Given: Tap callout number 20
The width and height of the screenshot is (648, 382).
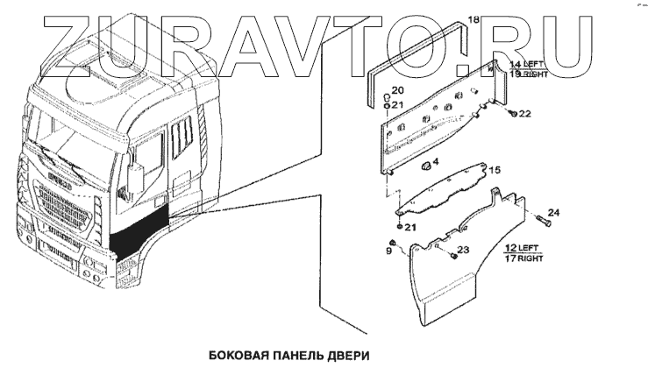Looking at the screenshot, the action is pyautogui.click(x=397, y=90).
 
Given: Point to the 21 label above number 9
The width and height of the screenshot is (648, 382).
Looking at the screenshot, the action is pyautogui.click(x=410, y=228).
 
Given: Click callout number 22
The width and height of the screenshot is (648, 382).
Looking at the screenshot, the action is pyautogui.click(x=525, y=113).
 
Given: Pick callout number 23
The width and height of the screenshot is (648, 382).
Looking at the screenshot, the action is pyautogui.click(x=464, y=251).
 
